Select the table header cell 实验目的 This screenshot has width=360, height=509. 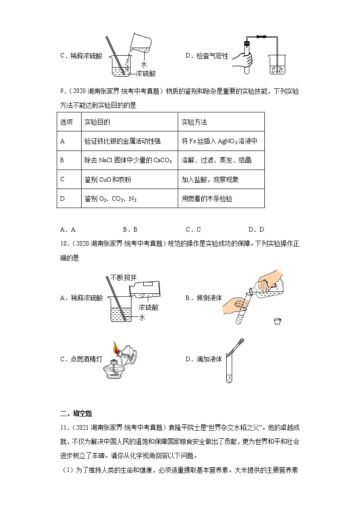pos(97,122)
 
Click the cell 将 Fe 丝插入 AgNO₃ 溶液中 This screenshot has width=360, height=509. pos(219,141)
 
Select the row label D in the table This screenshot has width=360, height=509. pos(63,199)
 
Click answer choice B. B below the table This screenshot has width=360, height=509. pos(130,229)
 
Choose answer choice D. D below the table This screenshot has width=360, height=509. pos(256,229)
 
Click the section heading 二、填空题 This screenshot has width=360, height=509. pos(76,413)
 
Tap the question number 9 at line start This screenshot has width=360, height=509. pos(62,91)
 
